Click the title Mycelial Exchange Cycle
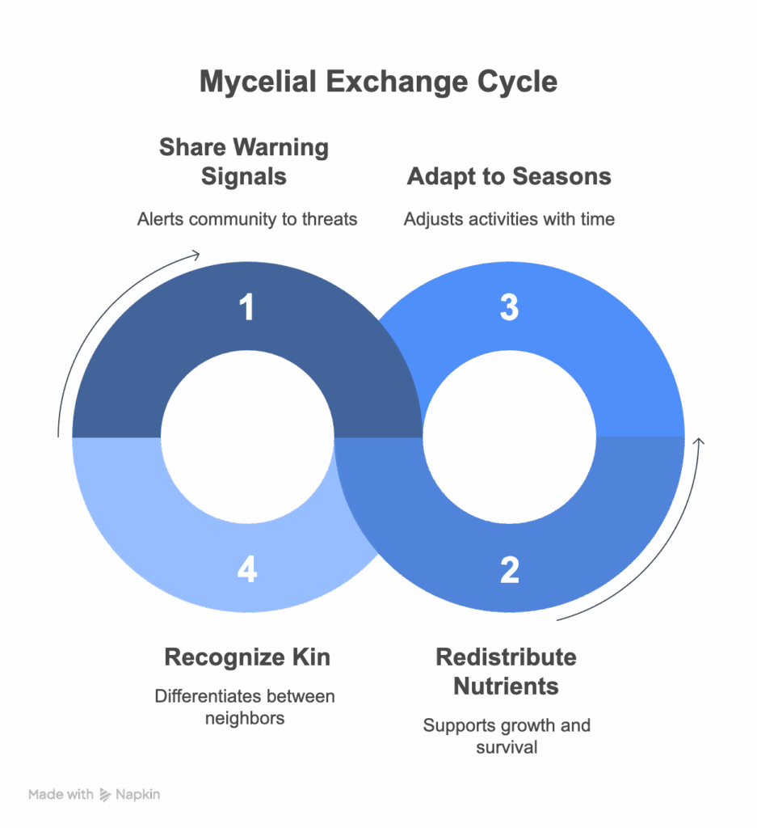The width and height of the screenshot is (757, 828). [378, 82]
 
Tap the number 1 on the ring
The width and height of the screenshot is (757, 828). [247, 308]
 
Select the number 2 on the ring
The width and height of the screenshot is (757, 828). [509, 570]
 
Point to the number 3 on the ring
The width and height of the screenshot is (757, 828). [509, 308]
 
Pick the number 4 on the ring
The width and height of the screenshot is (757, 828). [247, 570]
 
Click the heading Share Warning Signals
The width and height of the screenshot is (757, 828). [244, 162]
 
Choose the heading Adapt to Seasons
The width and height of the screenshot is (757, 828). [509, 176]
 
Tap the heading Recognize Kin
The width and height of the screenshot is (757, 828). [247, 657]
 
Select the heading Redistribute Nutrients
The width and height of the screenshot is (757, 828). [507, 671]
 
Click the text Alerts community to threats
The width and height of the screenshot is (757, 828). [247, 219]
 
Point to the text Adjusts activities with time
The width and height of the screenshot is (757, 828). [509, 219]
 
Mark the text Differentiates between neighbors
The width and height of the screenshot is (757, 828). [244, 707]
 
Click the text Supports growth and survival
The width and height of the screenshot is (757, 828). [507, 736]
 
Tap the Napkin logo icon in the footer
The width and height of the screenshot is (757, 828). [105, 795]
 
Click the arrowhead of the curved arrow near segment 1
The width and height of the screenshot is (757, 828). [196, 256]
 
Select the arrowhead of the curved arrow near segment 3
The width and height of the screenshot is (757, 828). [700, 441]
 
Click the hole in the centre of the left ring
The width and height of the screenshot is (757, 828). [247, 437]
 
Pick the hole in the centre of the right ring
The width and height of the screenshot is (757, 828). [509, 437]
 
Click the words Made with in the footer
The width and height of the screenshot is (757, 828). [61, 795]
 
